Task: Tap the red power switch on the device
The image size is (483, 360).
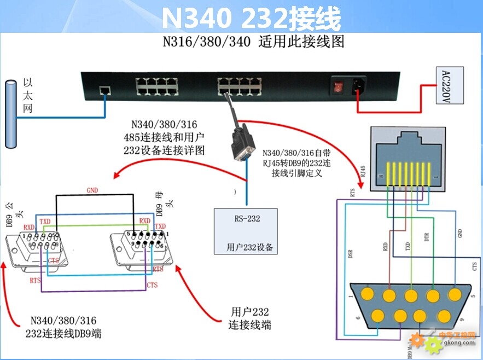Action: pyautogui.click(x=339, y=86)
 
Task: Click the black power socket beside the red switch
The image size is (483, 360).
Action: pyautogui.click(x=359, y=86)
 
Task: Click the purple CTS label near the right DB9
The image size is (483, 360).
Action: pyautogui.click(x=152, y=285)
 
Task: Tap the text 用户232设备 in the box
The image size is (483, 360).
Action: pyautogui.click(x=250, y=247)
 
